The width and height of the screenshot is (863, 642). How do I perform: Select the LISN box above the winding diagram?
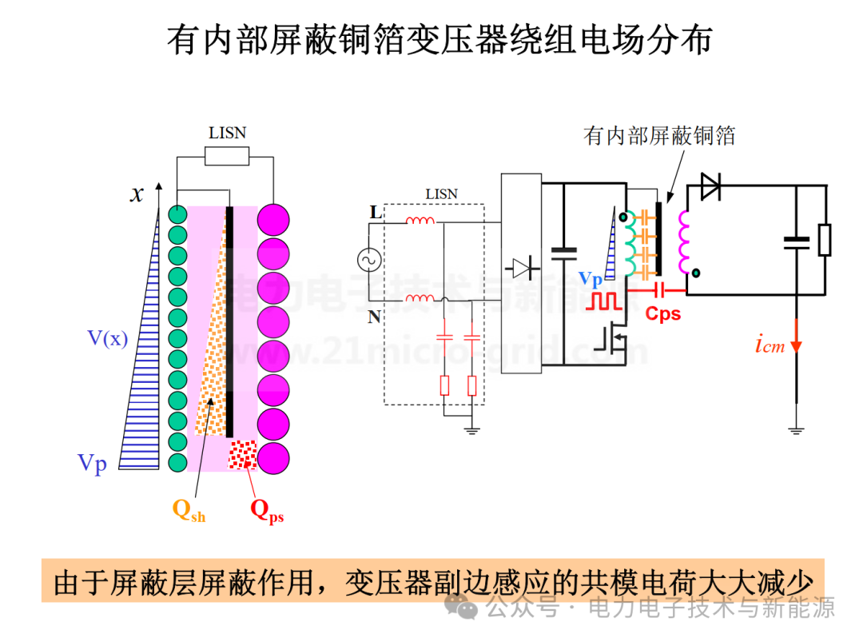227,156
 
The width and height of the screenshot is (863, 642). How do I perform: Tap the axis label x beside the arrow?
137,193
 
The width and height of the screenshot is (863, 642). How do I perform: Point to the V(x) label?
107,338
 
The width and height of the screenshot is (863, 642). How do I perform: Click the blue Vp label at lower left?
92,463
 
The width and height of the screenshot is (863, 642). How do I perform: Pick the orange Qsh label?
189,510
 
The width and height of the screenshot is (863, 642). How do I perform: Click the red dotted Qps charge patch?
243,455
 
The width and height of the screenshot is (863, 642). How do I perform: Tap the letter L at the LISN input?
375,213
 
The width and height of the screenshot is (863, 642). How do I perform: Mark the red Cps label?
663,313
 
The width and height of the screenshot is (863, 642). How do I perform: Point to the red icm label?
770,346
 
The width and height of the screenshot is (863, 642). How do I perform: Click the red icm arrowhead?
796,345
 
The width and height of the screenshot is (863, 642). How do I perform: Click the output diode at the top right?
710,185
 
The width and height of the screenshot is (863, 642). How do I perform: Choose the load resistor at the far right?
825,240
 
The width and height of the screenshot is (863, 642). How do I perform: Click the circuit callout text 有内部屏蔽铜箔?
659,136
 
